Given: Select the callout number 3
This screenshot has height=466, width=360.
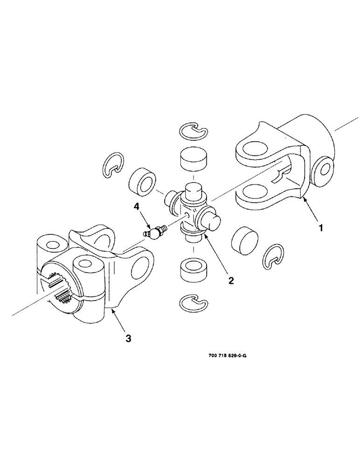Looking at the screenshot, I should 128,339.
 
